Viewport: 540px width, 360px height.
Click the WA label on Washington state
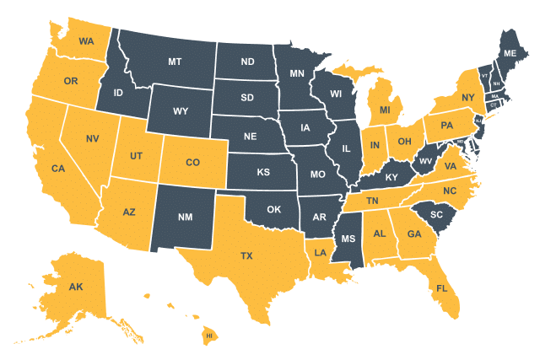(86, 40)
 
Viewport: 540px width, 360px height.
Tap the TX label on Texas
(246, 255)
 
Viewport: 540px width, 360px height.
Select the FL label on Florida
(441, 288)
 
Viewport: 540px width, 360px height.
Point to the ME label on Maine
(510, 53)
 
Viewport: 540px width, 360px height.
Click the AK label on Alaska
(76, 287)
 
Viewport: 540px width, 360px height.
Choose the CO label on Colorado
(192, 162)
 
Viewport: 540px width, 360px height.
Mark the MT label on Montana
(175, 62)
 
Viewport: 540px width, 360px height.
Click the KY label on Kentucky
(391, 178)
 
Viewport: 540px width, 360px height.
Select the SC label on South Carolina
(436, 214)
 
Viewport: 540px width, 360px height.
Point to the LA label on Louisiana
(321, 252)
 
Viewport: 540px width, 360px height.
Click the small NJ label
(478, 121)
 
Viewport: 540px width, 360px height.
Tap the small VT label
(484, 76)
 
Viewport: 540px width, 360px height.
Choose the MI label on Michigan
(384, 110)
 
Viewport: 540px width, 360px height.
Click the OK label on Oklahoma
(273, 209)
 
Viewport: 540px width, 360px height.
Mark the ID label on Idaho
(119, 93)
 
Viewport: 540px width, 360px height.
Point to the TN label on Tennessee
(372, 201)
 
